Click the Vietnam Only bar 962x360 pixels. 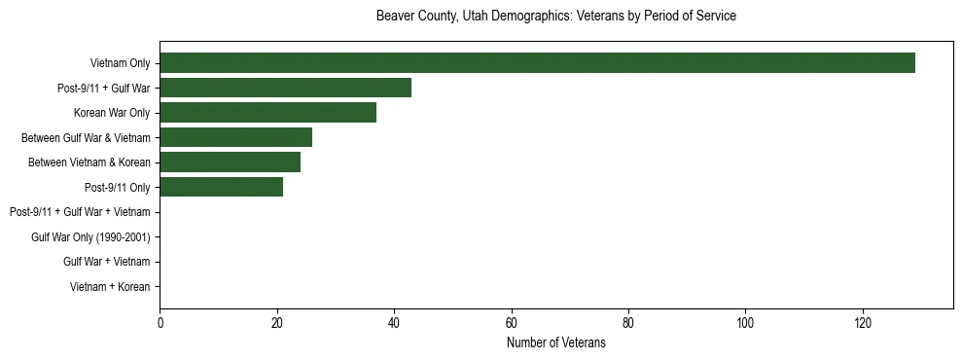537,63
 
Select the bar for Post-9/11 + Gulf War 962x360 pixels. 285,88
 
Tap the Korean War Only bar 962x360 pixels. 267,113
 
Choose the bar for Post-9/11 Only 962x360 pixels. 221,187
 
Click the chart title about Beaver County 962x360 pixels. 555,17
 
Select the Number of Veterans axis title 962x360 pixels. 555,343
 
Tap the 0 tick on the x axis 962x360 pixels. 160,323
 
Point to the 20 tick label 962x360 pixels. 277,323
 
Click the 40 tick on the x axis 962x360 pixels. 394,323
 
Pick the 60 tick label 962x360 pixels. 512,323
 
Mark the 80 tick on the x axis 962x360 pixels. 628,323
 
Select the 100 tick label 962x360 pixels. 746,323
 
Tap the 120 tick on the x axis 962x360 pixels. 863,323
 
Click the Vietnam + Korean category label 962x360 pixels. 110,287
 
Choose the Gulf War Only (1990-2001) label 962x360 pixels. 90,237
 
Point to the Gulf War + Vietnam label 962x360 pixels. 107,262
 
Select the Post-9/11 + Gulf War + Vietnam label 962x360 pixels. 80,212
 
